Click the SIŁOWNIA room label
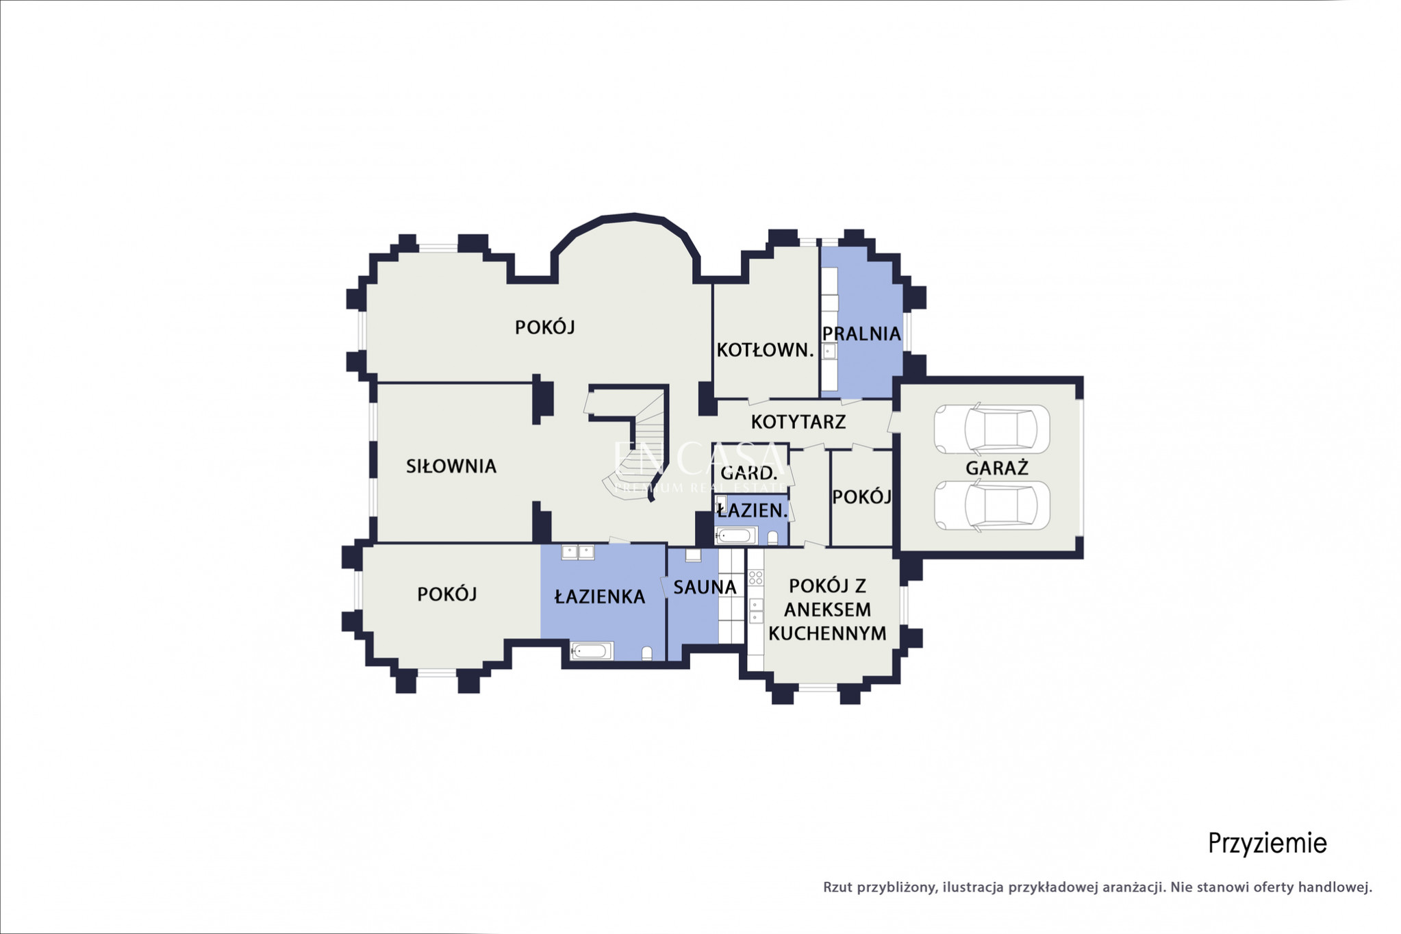[451, 466]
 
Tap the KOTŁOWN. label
[765, 350]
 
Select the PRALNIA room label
[861, 333]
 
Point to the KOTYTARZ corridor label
[798, 422]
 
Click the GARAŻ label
[997, 468]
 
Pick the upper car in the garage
[992, 429]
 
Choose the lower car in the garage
[992, 505]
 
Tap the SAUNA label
[705, 587]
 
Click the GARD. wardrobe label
[749, 472]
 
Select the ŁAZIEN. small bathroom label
[752, 510]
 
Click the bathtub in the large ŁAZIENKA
[592, 651]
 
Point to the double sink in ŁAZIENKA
[578, 552]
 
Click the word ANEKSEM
[828, 609]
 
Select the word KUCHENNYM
[827, 633]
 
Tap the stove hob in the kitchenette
[755, 577]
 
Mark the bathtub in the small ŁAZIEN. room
[735, 535]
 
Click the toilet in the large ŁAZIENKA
[647, 653]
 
